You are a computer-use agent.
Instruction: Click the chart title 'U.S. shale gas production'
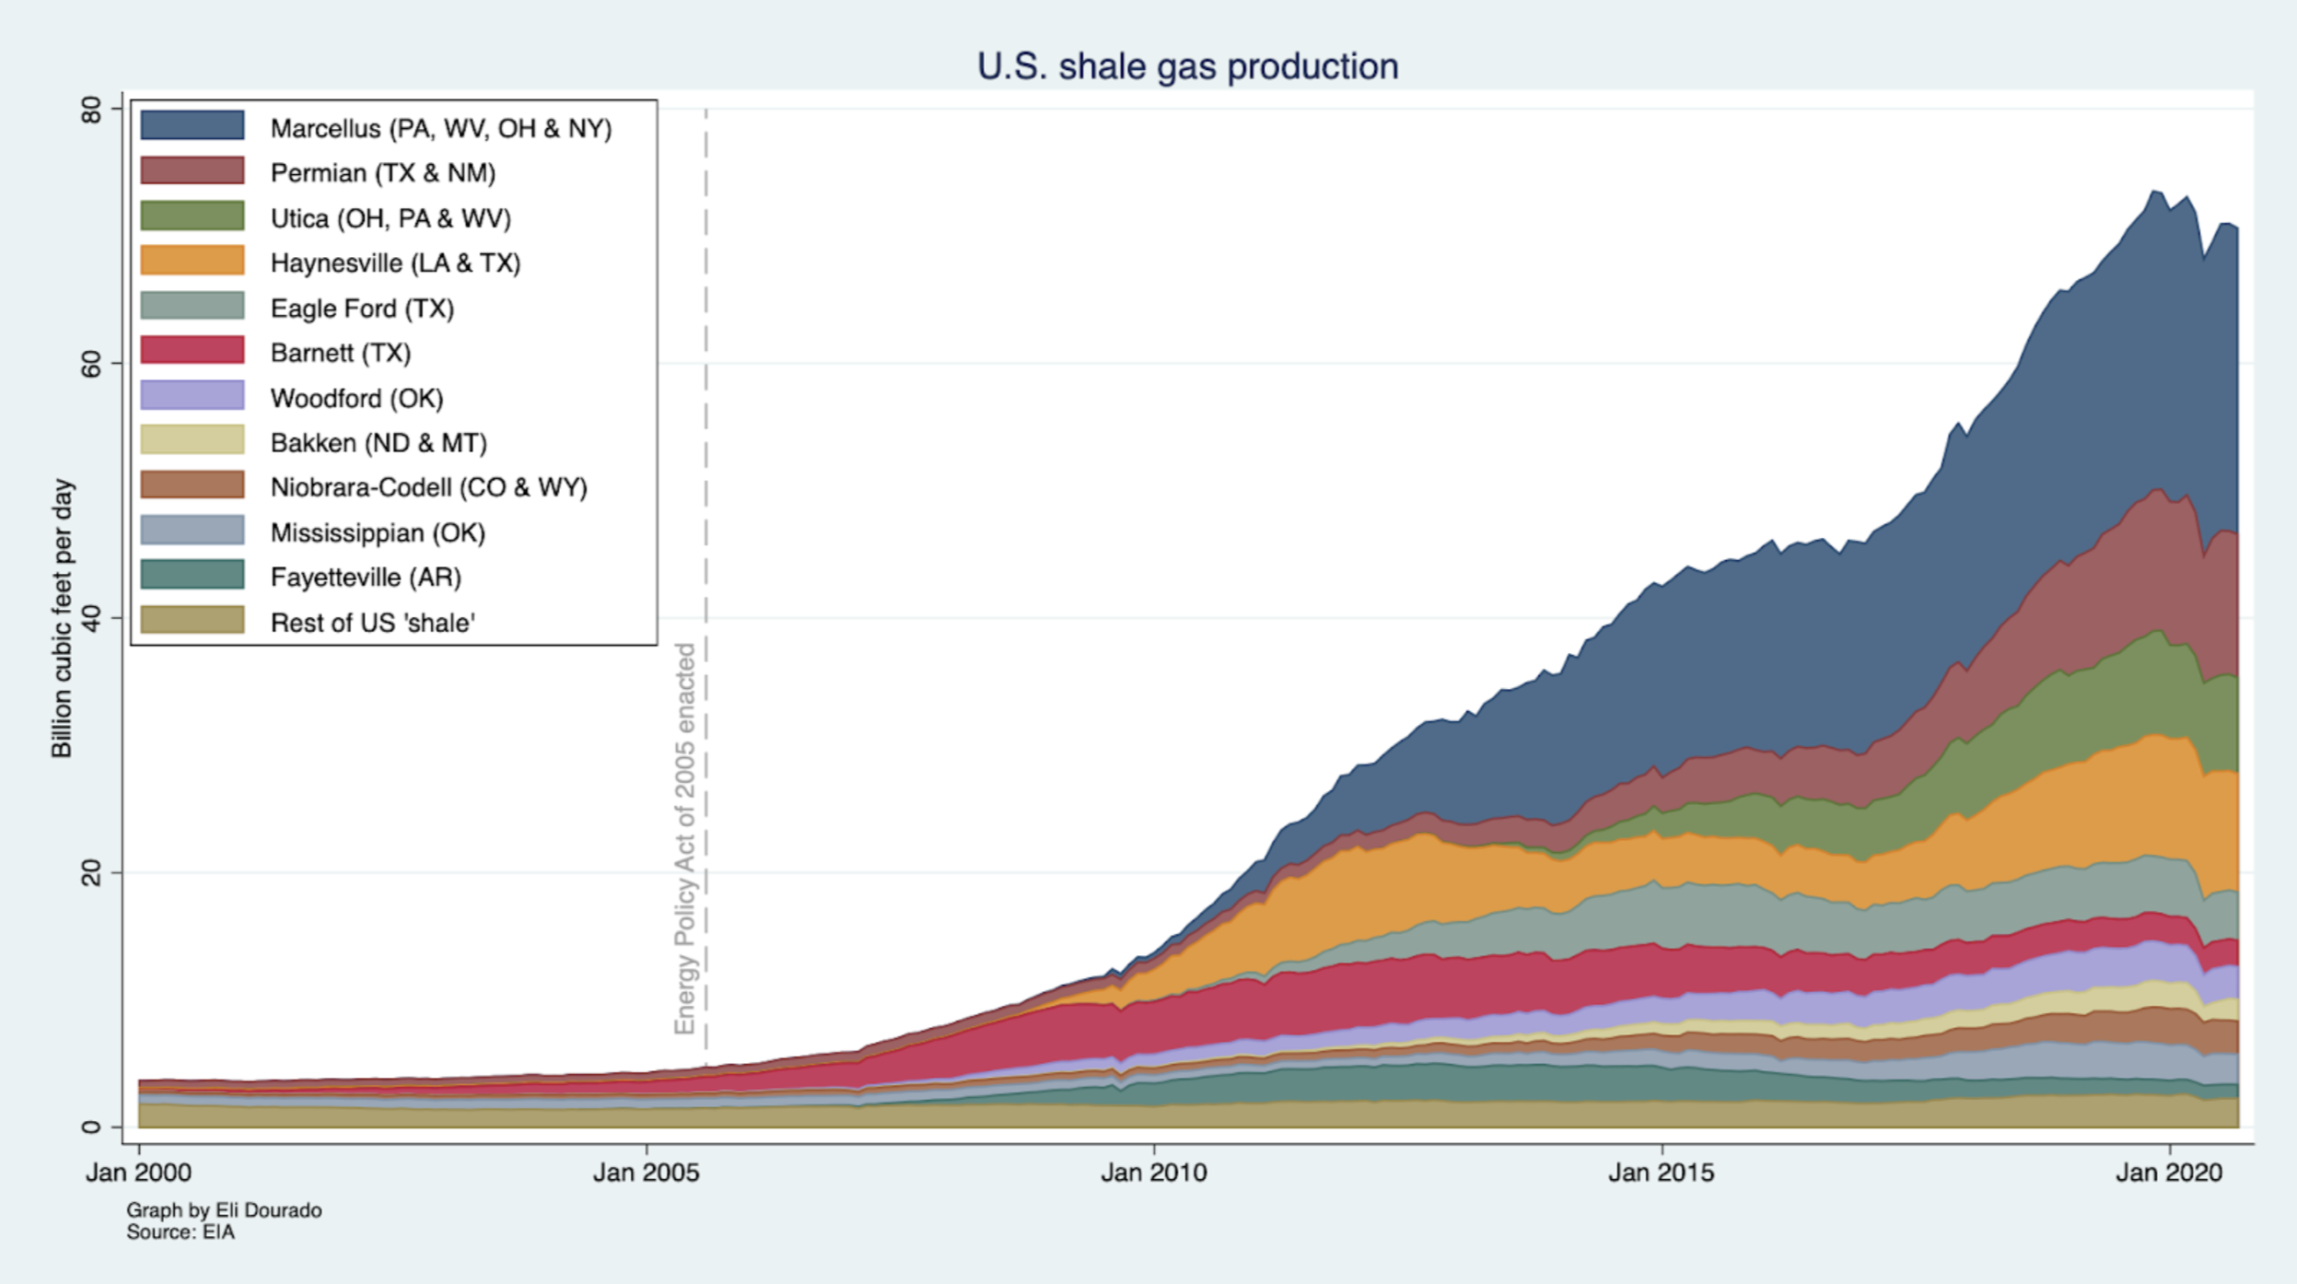point(1187,66)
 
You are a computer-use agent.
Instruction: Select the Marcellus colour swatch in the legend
point(192,125)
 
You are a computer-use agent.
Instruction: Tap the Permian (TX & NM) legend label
point(382,173)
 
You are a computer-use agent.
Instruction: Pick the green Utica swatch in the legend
point(192,216)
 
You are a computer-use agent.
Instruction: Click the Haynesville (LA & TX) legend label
point(395,263)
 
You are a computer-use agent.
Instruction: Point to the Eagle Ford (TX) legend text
point(362,309)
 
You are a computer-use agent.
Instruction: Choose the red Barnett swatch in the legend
point(192,351)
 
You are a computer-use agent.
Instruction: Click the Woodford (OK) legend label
point(356,399)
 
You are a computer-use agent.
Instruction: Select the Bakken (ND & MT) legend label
point(379,443)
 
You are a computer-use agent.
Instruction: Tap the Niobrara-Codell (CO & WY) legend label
point(428,487)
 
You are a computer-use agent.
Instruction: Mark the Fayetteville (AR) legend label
point(366,578)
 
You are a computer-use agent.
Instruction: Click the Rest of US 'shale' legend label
point(372,624)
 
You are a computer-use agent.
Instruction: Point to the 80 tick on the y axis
point(91,109)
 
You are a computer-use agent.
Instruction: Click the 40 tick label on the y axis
point(91,618)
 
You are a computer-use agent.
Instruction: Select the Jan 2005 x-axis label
point(646,1173)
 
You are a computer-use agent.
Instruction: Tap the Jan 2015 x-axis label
point(1662,1173)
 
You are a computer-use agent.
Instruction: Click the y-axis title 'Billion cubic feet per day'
point(62,618)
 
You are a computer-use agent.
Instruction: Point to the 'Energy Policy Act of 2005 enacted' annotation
point(684,838)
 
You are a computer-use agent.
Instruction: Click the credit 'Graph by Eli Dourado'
point(224,1210)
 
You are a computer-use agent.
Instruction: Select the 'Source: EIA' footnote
point(181,1232)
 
